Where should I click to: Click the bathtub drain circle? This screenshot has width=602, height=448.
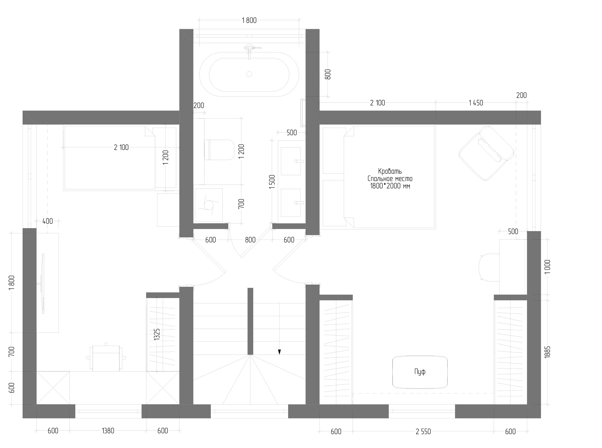(249, 74)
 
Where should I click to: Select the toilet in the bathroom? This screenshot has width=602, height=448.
(219, 150)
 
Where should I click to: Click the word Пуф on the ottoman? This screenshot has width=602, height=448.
(420, 371)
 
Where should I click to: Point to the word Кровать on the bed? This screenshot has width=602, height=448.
(390, 171)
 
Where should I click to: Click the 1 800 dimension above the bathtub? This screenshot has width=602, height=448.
(249, 20)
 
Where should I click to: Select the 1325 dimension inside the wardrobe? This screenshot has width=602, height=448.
(157, 334)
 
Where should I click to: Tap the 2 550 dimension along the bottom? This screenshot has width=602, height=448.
(423, 432)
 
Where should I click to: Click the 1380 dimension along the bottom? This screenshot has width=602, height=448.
(108, 431)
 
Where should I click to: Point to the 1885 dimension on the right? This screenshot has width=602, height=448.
(547, 352)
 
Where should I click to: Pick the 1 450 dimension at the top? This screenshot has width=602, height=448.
(476, 103)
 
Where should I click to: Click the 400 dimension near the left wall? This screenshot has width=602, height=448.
(48, 221)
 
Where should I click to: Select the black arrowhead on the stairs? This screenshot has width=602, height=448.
(279, 352)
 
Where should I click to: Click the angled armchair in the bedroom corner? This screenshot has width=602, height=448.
(486, 153)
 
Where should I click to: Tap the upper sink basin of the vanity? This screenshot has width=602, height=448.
(291, 161)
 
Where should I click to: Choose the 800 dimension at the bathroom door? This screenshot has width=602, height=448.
(250, 240)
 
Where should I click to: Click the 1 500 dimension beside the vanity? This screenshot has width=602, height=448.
(272, 182)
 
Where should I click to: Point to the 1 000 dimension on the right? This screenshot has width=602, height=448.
(547, 267)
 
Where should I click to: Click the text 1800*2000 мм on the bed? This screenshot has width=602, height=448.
(390, 186)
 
